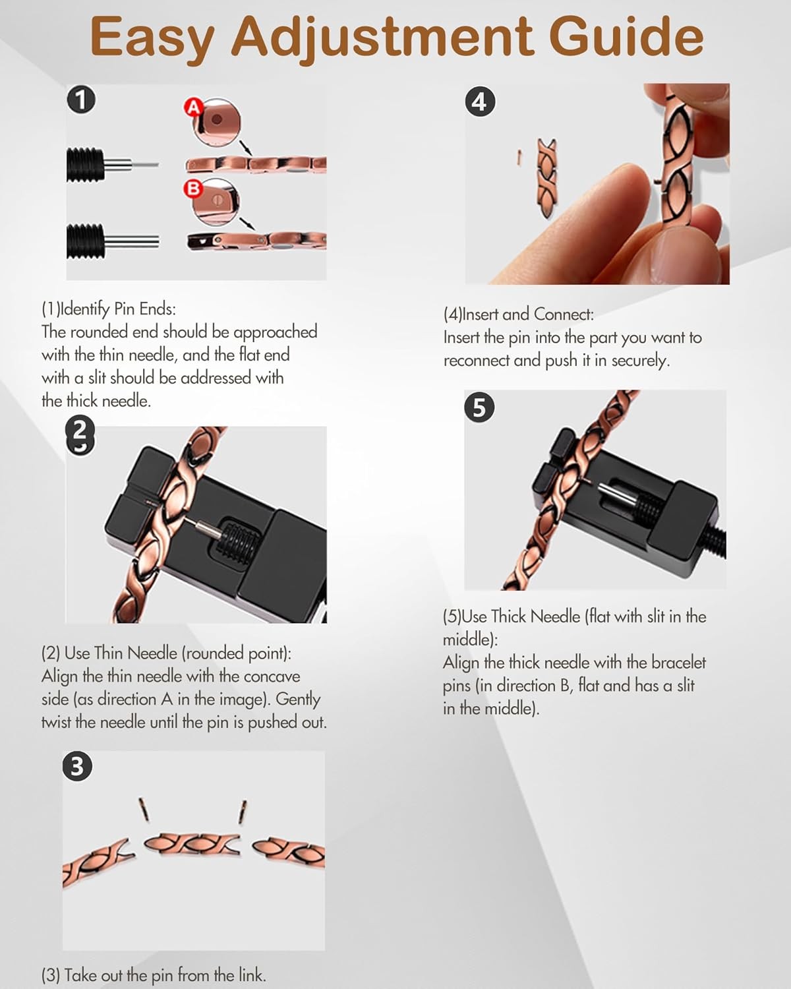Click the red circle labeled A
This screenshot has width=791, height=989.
(194, 107)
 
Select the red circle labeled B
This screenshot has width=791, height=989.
(193, 189)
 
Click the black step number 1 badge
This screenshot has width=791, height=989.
(81, 100)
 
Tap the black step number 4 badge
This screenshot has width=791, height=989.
(480, 102)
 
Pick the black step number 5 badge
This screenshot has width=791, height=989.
(479, 407)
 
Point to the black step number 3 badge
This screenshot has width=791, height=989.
(77, 766)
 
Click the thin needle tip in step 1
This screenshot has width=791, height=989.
(158, 165)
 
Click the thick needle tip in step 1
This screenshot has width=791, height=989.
(158, 241)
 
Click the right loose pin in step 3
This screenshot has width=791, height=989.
(243, 812)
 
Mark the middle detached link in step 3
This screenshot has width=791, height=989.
(192, 844)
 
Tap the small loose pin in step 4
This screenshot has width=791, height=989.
(519, 157)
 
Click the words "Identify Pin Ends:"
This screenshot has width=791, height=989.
(118, 309)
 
